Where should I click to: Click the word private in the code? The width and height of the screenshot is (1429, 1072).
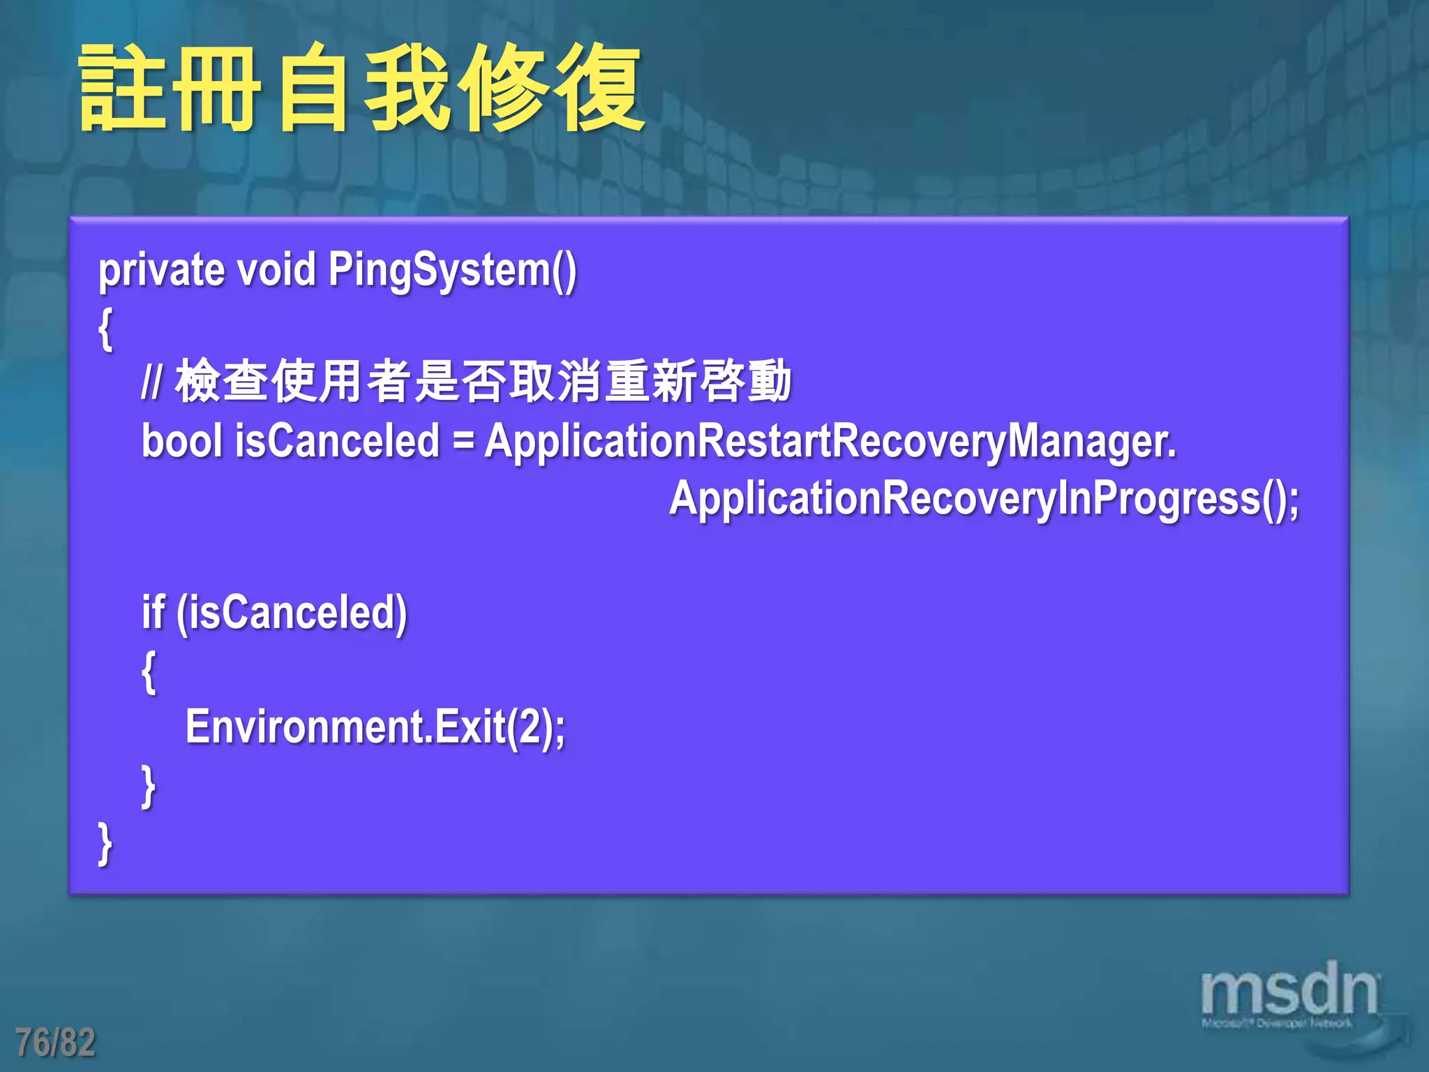(x=161, y=271)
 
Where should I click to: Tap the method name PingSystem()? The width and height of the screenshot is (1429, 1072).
(x=452, y=271)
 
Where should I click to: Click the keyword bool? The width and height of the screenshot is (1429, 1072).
(x=181, y=441)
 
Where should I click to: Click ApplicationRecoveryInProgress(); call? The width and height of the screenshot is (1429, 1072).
(x=984, y=500)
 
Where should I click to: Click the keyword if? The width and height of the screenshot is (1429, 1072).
(x=153, y=613)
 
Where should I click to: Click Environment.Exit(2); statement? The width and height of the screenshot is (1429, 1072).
(x=375, y=728)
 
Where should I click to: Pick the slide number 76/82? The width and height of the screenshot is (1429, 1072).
(x=55, y=1043)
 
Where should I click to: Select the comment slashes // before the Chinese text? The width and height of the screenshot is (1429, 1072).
(x=151, y=382)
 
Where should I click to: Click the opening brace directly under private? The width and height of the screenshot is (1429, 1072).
(x=105, y=328)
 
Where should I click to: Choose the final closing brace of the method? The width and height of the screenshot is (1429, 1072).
(x=105, y=843)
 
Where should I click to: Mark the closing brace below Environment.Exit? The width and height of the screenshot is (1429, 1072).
(x=149, y=786)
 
